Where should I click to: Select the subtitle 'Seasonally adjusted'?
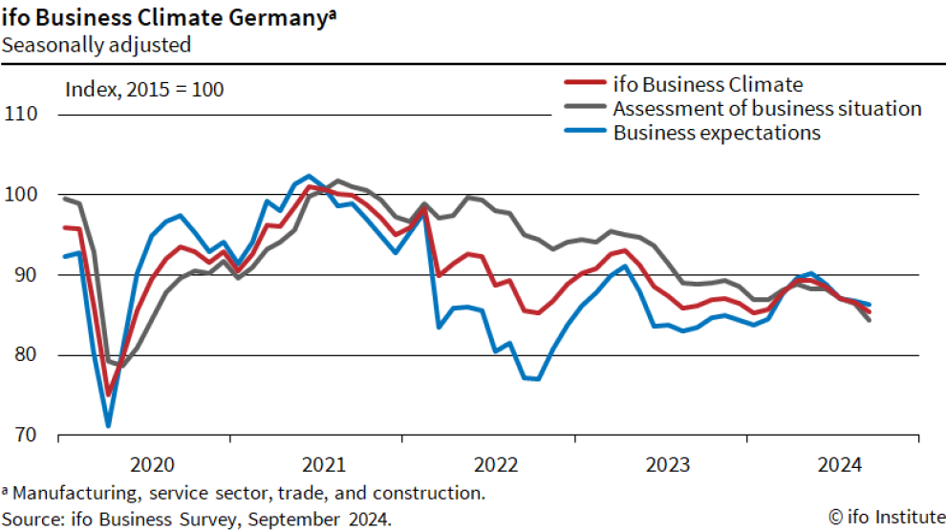point(96,44)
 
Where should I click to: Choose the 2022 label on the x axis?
point(497,465)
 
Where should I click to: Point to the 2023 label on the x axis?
point(669,465)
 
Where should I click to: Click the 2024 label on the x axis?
point(841,465)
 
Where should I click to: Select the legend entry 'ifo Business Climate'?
point(708,84)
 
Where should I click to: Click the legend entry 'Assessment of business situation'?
point(766,108)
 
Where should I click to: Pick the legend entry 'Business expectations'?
point(717,133)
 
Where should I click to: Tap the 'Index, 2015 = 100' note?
point(144,90)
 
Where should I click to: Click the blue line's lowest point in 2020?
point(108,425)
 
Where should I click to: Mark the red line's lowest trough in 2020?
point(108,394)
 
